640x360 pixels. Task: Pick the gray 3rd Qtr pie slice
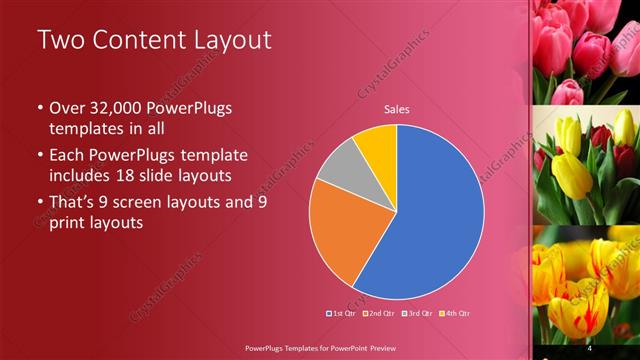[340, 165]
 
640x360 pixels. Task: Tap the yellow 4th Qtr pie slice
[378, 145]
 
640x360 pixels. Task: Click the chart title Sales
[397, 110]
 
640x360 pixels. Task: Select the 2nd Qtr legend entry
[377, 313]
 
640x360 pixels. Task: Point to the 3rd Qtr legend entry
[414, 313]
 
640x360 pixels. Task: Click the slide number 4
[591, 347]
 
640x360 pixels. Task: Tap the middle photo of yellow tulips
[586, 165]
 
